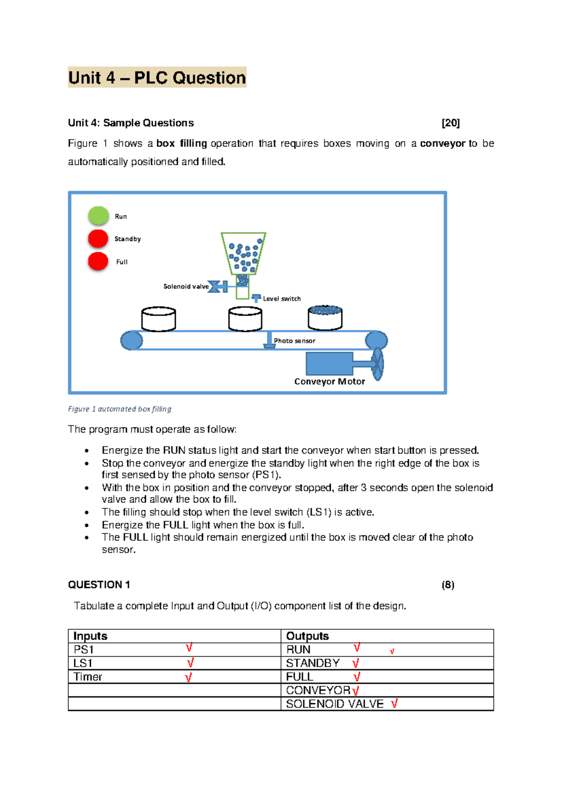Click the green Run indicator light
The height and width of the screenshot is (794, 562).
[x=98, y=216]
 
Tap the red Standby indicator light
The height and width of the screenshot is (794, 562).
[x=98, y=239]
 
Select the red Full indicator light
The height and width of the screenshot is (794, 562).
[x=98, y=261]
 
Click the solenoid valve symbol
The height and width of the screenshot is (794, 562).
[x=217, y=287]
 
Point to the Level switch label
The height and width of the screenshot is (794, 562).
[x=281, y=299]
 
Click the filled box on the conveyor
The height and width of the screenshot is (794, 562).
[x=325, y=318]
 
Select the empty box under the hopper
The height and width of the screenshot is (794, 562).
[x=245, y=319]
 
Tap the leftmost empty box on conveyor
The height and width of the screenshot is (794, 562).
[x=158, y=319]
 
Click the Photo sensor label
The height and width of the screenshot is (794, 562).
[x=294, y=341]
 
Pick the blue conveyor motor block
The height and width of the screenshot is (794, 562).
[x=329, y=364]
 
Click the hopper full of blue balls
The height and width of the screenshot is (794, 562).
[x=244, y=253]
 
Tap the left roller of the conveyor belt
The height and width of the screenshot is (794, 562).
[x=132, y=340]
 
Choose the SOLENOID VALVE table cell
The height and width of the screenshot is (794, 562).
[x=334, y=704]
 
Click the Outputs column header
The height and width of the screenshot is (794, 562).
[x=307, y=636]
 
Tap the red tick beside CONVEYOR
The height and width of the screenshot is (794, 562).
[x=355, y=691]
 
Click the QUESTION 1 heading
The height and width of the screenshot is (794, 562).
[x=99, y=585]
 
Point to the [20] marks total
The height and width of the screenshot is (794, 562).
[x=451, y=123]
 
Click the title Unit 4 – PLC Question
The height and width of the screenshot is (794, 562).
[x=157, y=78]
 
